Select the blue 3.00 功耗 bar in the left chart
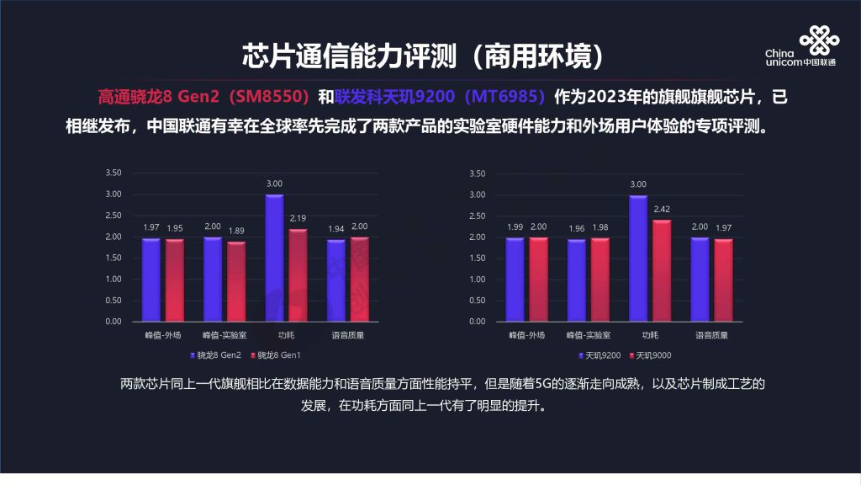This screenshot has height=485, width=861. (274, 258)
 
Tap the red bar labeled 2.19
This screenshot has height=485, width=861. (298, 274)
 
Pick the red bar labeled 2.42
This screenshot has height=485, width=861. (662, 270)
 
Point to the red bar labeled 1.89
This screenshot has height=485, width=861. (236, 281)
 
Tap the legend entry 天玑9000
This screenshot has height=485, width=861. (652, 355)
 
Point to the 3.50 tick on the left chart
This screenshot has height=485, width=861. (113, 173)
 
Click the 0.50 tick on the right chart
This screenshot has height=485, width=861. (477, 301)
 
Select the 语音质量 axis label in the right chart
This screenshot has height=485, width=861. (712, 335)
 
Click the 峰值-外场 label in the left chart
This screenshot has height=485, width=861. (162, 335)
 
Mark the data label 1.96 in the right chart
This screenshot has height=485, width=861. (577, 228)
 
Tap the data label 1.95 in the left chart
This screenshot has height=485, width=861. (174, 228)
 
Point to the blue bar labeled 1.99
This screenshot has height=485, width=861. (515, 279)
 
